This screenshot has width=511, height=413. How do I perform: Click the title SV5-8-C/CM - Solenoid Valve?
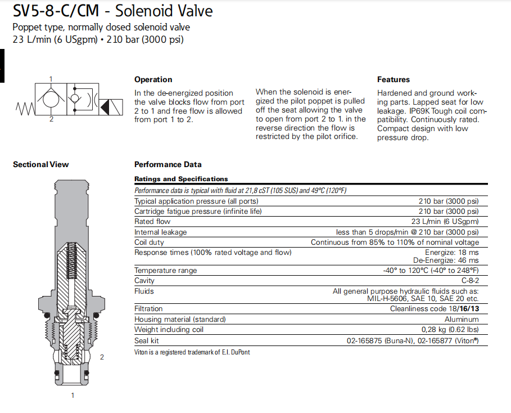tap(112, 11)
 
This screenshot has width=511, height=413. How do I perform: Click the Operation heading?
tap(153, 79)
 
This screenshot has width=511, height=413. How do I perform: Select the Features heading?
tap(394, 79)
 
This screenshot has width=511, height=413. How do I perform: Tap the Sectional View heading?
tap(40, 164)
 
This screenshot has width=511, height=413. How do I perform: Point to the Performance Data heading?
tap(168, 164)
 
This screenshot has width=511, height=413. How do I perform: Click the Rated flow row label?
tap(152, 222)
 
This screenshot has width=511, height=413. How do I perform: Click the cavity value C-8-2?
tap(470, 280)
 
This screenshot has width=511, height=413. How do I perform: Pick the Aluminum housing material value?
tap(462, 319)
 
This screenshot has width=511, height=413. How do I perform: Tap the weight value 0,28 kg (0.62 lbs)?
tap(450, 330)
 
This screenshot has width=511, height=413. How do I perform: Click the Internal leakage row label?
tap(160, 232)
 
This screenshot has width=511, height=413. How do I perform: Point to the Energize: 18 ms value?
tap(452, 252)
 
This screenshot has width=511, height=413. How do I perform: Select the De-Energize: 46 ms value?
tap(446, 261)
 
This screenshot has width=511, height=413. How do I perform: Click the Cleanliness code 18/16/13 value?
tap(435, 308)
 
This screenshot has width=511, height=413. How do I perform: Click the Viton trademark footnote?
tap(192, 352)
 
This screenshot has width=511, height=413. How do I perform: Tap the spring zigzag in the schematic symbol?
tap(25, 106)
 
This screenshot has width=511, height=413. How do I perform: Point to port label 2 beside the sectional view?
tap(102, 357)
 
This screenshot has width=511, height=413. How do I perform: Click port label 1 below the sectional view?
tap(73, 396)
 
